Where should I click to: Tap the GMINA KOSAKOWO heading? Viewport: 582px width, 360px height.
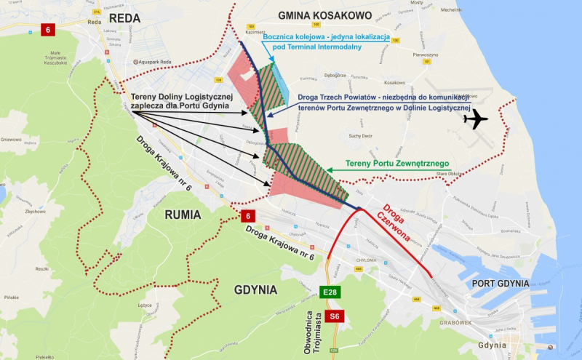click(x=324, y=15)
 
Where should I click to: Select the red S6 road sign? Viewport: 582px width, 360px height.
click(x=333, y=316)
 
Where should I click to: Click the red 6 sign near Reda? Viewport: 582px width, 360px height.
click(x=49, y=30)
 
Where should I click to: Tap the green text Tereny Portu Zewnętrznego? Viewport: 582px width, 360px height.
click(x=396, y=162)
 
